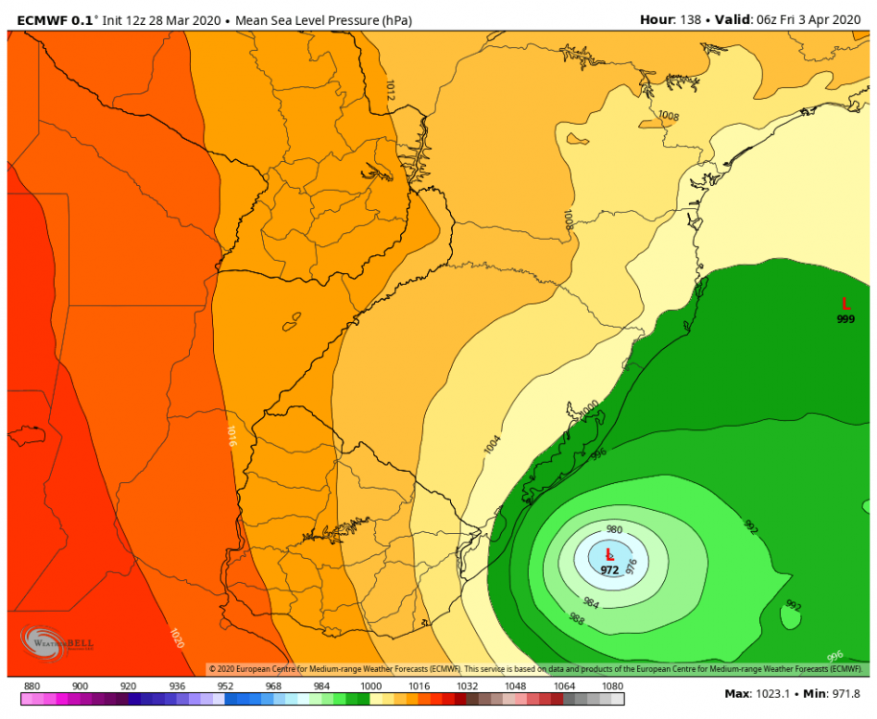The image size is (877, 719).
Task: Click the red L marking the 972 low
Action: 608,554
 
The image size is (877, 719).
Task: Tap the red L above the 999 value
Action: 845,303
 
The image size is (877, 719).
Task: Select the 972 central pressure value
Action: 609,569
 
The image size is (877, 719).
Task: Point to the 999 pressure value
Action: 845,319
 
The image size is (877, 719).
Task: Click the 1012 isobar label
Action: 390,90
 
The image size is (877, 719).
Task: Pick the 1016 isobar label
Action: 231,436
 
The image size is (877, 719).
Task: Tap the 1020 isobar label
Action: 176,638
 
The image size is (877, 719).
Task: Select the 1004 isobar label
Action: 492,443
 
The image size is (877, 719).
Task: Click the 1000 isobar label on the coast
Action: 587,409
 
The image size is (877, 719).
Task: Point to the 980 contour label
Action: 614,530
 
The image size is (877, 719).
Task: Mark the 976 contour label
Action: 631,567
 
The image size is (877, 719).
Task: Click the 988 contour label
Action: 577,619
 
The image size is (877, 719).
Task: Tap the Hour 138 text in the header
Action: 669,19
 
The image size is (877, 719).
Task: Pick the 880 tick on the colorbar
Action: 32,686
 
